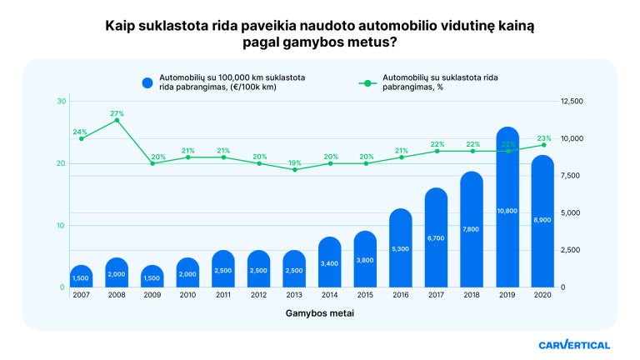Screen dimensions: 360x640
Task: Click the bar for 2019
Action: [507, 208]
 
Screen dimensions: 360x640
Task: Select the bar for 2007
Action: [81, 276]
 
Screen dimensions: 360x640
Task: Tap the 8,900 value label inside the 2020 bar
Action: [542, 218]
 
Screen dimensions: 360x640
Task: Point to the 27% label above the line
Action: [117, 113]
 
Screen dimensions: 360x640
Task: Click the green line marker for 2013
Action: [294, 169]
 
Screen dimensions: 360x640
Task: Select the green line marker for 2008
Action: [117, 120]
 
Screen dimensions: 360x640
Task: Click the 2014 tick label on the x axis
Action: [330, 295]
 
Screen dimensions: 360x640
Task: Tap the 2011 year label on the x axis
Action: [223, 295]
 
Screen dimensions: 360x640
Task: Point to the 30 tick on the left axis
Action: [62, 102]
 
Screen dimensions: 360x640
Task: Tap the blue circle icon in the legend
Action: [147, 82]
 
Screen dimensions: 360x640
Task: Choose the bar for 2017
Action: [437, 238]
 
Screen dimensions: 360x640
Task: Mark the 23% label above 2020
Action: [543, 138]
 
